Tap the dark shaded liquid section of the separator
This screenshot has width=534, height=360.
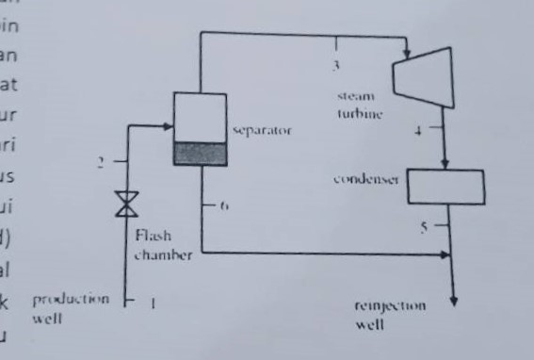click(201, 153)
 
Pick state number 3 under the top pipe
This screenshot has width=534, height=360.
click(334, 65)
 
